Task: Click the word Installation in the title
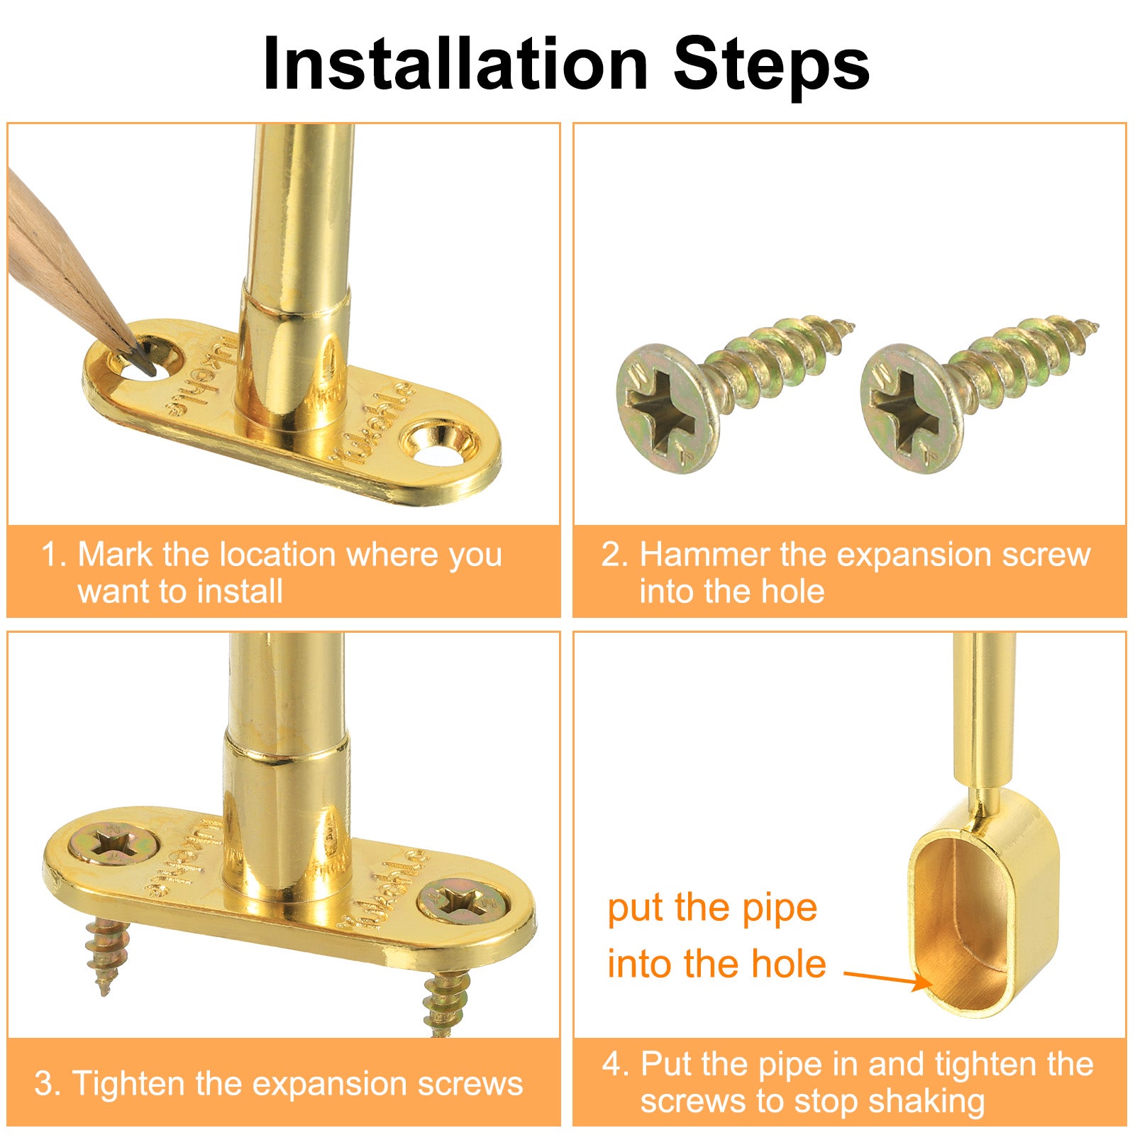pyautogui.click(x=455, y=64)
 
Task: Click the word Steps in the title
pyautogui.click(x=772, y=64)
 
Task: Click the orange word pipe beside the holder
pyautogui.click(x=780, y=909)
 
